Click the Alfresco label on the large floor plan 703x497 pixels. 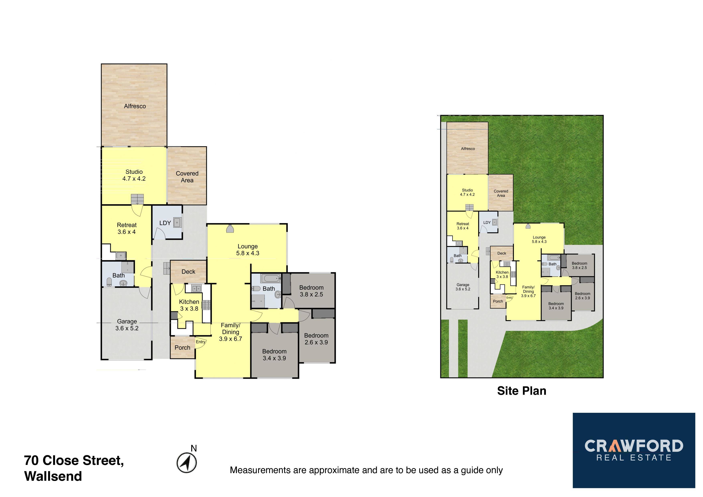click(135, 106)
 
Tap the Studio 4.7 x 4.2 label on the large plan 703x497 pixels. click(134, 175)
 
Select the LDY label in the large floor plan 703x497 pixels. click(165, 223)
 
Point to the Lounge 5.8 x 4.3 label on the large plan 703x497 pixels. click(248, 250)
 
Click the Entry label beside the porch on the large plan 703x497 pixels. click(201, 342)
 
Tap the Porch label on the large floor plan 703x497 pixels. click(183, 348)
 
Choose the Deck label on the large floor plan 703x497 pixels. click(188, 272)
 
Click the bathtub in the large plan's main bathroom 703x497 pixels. click(270, 278)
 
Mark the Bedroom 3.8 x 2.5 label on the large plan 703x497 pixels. click(311, 291)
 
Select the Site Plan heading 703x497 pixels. click(522, 391)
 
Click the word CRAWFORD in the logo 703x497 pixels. click(634, 446)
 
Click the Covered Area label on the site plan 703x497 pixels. click(501, 193)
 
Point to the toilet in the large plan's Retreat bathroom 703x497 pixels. click(109, 282)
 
